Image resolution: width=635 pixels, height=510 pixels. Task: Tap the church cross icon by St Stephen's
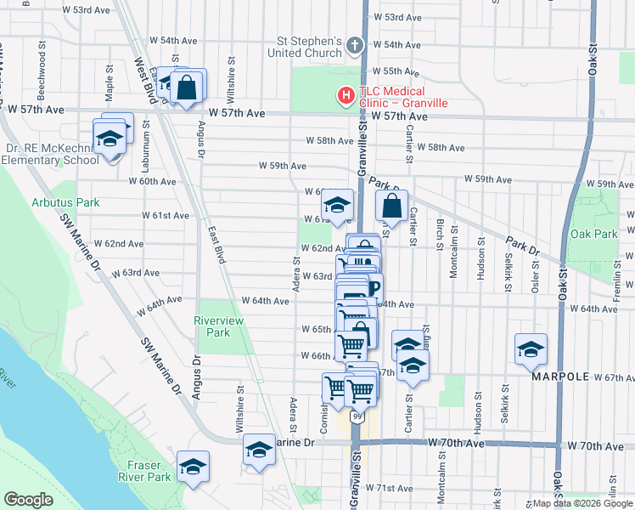[355, 45]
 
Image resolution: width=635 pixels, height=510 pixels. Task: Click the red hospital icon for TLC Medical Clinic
[346, 96]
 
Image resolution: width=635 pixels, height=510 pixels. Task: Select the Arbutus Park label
[65, 202]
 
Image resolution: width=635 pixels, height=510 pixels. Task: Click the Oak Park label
[593, 234]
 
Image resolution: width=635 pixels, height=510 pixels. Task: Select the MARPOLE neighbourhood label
[560, 376]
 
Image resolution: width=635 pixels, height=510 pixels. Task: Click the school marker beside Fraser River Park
[193, 467]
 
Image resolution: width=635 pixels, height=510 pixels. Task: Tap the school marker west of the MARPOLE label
[531, 349]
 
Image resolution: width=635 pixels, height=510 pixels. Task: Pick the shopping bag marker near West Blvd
[186, 86]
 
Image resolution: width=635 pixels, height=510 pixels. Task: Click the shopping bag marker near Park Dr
[391, 205]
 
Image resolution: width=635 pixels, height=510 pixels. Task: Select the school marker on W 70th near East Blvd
[259, 450]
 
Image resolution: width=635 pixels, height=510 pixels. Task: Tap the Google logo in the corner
[28, 500]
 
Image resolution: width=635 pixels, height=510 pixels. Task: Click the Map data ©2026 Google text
[582, 503]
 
